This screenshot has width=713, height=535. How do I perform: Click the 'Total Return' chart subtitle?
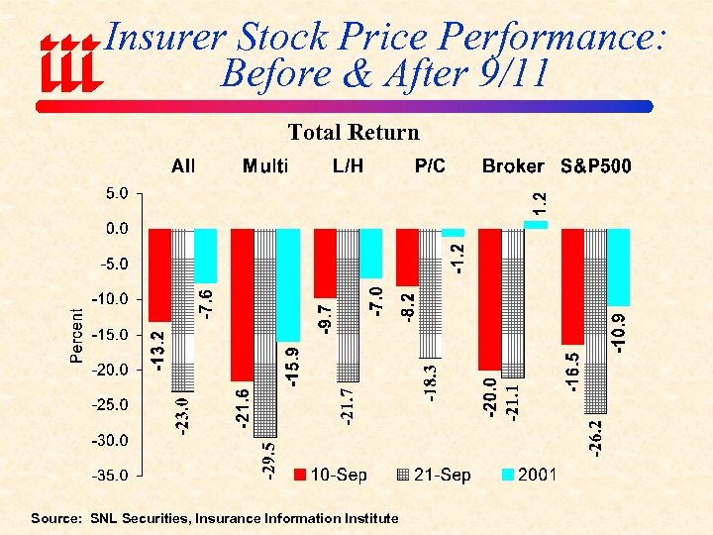(354, 133)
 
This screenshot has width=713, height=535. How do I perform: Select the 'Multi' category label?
(265, 166)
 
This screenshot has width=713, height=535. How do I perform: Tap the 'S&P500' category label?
(596, 166)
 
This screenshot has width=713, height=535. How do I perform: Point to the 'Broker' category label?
(513, 166)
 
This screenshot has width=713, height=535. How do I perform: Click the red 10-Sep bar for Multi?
(243, 304)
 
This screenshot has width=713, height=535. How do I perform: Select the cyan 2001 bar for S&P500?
(617, 267)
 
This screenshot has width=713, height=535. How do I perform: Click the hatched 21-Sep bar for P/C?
(429, 292)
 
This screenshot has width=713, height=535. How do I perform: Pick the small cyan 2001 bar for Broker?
(535, 225)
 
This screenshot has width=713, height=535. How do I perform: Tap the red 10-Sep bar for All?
(159, 274)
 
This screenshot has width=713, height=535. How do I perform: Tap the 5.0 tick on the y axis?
(116, 194)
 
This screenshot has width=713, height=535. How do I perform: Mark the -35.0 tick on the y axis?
(112, 476)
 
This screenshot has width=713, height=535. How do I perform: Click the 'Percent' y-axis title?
(77, 335)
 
